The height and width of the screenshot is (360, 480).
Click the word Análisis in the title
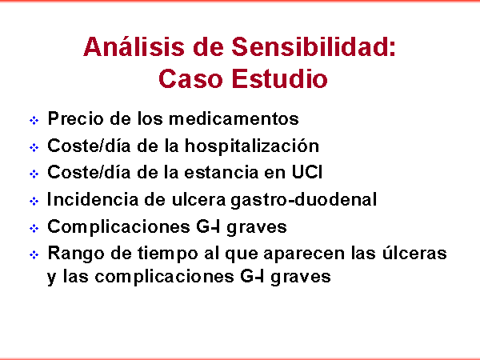pos(134,46)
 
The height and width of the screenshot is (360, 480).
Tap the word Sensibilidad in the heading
pos(313,46)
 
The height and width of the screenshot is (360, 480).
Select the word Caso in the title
pos(190,78)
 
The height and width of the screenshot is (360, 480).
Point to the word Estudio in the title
pos(279,78)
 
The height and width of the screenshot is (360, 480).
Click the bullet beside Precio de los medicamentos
pos(34,120)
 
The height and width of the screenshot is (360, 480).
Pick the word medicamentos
pos(234,118)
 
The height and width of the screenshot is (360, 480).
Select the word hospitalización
pos(252,146)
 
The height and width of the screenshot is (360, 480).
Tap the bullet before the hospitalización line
pos(34,147)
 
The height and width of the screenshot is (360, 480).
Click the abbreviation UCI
pos(307,172)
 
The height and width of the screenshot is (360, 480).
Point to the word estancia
pos(222,172)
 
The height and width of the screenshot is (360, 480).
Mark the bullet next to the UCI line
pos(34,174)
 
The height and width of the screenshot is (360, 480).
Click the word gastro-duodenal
pos(303,200)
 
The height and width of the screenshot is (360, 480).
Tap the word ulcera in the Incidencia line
pos(198,199)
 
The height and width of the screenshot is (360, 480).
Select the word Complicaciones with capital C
pos(118,227)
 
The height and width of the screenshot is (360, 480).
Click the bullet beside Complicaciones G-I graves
pos(34,228)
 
